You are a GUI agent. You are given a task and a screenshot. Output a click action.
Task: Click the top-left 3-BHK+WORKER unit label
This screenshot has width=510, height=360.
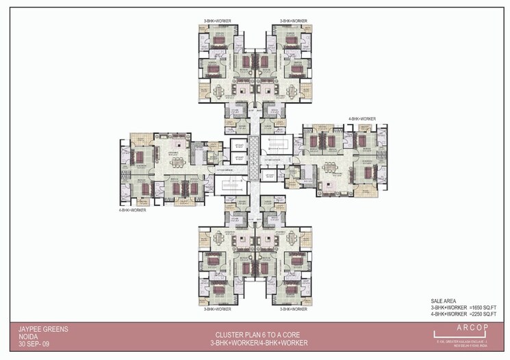[x=217, y=21]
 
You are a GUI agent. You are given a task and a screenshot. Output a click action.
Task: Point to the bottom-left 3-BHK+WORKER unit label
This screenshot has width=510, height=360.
[x=217, y=309]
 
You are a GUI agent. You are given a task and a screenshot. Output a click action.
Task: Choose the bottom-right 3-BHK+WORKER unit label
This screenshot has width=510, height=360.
[x=294, y=309]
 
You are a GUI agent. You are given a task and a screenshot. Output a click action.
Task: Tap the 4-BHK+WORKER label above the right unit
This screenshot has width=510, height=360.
[x=361, y=119]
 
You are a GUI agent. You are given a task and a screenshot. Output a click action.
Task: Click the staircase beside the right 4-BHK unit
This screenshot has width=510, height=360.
[x=275, y=144]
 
